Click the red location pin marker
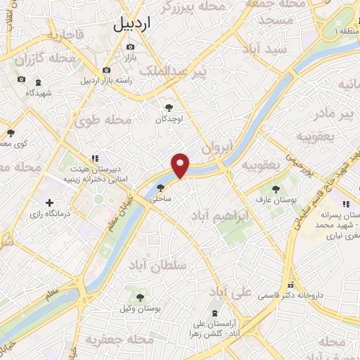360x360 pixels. point(181,165)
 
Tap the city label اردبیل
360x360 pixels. point(131,25)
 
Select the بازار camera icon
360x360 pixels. point(130,47)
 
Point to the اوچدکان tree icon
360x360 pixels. point(169,108)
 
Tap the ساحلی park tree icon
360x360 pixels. point(161,188)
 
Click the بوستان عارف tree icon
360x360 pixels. point(275,189)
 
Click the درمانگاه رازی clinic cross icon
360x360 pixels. point(49,202)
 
